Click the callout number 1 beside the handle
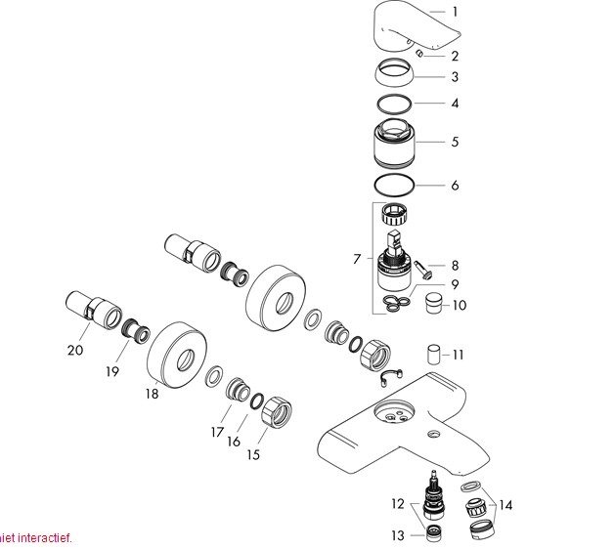pos(455,12)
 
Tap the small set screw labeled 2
pos(419,54)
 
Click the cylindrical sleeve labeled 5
pos(394,144)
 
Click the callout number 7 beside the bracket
pos(356,259)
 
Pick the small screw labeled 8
pos(423,270)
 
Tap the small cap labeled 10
pos(433,303)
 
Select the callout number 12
pos(398,504)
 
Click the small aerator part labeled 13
pos(435,533)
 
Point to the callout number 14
pos(505,505)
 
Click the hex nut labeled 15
pos(277,411)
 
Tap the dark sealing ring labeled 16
pos(256,401)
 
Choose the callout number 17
pos(217,432)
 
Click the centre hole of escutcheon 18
pos(185,359)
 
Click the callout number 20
pos(75,350)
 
